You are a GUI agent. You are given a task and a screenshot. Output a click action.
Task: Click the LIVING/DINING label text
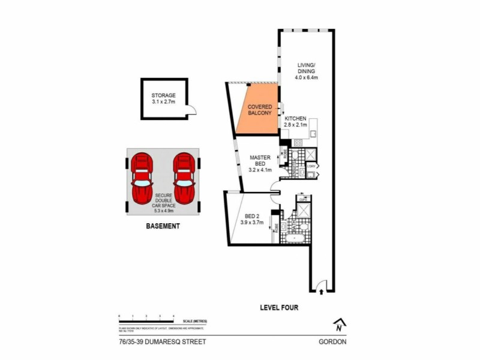tap(306, 71)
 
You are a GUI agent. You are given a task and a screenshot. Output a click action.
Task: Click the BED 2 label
tap(251, 220)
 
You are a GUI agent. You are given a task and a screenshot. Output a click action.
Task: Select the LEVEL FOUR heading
tap(279, 308)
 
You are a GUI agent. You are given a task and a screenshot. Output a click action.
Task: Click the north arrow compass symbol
tap(340, 325)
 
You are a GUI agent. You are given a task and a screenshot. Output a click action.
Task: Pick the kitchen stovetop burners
tap(297, 143)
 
